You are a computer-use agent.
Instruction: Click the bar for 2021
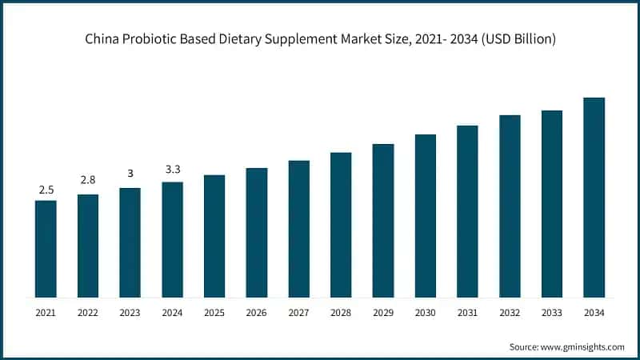[x=46, y=249]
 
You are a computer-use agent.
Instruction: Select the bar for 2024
[x=172, y=239]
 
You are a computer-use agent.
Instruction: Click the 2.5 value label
[x=46, y=190]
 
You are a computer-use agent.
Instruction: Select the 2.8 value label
[x=88, y=181]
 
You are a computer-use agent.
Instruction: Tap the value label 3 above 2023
[x=130, y=174]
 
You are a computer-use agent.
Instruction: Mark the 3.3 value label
[x=172, y=169]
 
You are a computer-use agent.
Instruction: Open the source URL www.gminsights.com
[x=583, y=346]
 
